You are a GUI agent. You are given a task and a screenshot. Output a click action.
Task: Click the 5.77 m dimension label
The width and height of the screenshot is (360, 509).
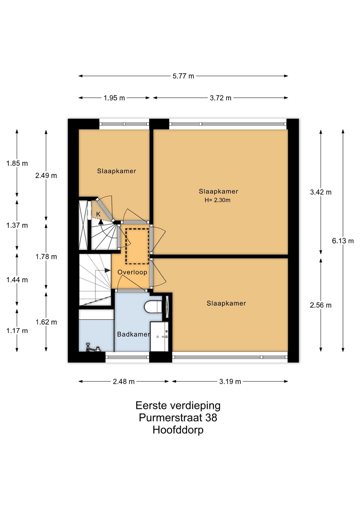click(183, 76)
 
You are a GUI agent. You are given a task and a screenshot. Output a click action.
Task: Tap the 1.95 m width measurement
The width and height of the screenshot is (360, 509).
click(114, 98)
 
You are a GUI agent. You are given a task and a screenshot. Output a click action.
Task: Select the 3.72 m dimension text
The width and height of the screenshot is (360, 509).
click(220, 98)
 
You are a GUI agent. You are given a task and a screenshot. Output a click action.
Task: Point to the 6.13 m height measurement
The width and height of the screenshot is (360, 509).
click(343, 240)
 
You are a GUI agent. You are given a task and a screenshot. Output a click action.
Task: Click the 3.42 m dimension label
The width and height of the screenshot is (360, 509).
click(321, 192)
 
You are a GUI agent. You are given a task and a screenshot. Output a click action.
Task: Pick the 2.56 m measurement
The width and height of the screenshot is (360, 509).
click(321, 305)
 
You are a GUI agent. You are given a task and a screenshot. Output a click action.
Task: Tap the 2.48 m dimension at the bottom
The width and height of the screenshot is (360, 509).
click(124, 382)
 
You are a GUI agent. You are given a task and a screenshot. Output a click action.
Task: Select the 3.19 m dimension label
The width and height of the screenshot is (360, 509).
click(230, 382)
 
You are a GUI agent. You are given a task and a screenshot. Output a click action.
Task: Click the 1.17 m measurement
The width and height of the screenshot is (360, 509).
click(17, 331)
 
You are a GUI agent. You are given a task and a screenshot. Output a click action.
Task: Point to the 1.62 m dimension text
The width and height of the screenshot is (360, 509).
click(46, 322)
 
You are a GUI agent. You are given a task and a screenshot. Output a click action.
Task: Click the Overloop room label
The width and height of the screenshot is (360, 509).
click(132, 272)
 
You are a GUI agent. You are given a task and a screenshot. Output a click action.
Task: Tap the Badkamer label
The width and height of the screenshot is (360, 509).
click(134, 334)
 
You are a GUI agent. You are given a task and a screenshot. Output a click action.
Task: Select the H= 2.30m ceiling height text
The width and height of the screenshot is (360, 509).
click(217, 200)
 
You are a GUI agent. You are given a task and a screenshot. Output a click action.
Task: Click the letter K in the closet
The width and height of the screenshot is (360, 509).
click(98, 214)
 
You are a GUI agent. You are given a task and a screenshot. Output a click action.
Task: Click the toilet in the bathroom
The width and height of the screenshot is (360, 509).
click(153, 307)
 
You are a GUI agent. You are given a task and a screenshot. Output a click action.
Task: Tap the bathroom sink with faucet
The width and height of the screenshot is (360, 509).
click(159, 336)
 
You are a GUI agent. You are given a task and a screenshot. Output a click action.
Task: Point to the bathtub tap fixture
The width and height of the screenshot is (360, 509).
click(93, 348)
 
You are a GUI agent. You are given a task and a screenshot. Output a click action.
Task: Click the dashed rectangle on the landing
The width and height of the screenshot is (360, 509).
click(137, 246)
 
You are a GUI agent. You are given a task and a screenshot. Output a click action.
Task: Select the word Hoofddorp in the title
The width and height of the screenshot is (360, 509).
click(178, 430)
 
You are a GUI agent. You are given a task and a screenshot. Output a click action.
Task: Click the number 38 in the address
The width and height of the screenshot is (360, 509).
click(211, 418)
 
